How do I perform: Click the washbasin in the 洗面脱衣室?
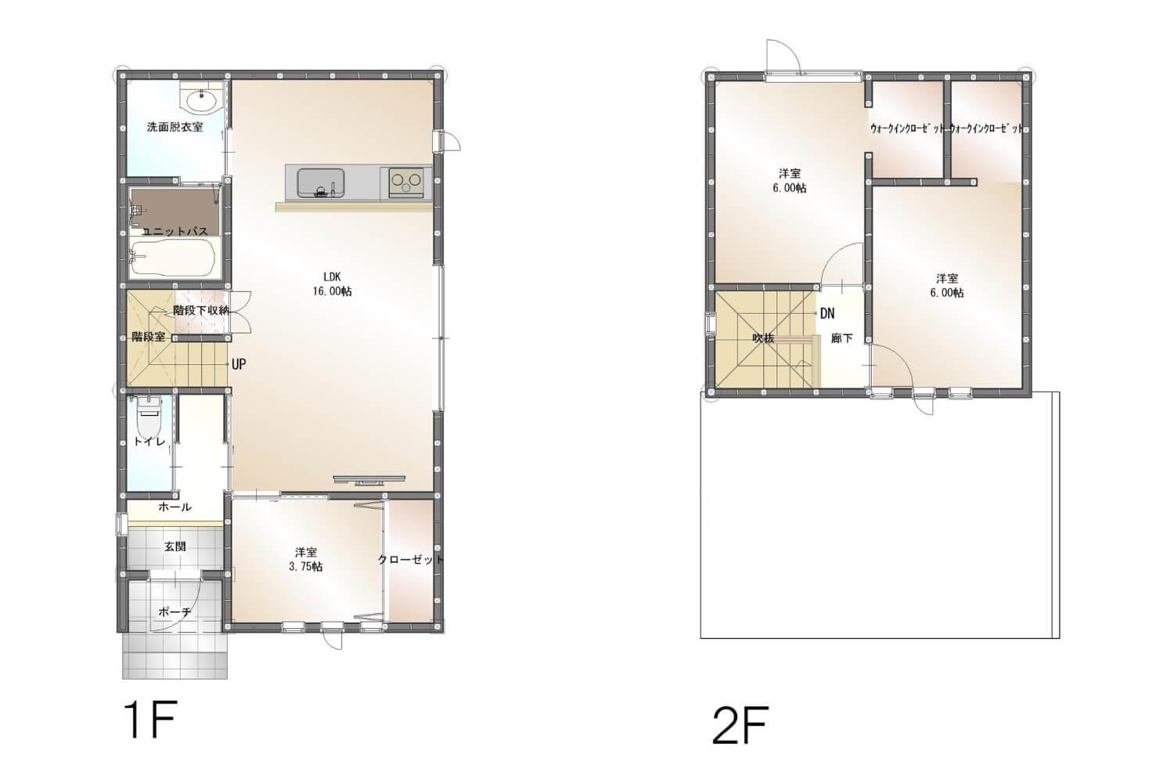201,98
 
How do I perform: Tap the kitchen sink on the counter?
321,183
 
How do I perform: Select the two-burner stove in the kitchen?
406,182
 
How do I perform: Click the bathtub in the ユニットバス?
172,257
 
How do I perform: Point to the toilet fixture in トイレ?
150,414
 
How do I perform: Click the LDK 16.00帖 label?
333,284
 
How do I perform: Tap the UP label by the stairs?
239,365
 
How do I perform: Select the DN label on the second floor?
827,314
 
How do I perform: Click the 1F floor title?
150,720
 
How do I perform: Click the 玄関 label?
175,547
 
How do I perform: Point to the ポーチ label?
175,612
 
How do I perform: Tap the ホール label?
175,507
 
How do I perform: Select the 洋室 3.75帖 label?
305,559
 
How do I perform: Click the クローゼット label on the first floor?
411,560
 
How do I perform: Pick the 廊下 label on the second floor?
841,339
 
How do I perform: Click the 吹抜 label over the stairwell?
763,338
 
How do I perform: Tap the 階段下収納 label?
201,310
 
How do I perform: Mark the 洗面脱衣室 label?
175,127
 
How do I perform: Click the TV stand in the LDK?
369,479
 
